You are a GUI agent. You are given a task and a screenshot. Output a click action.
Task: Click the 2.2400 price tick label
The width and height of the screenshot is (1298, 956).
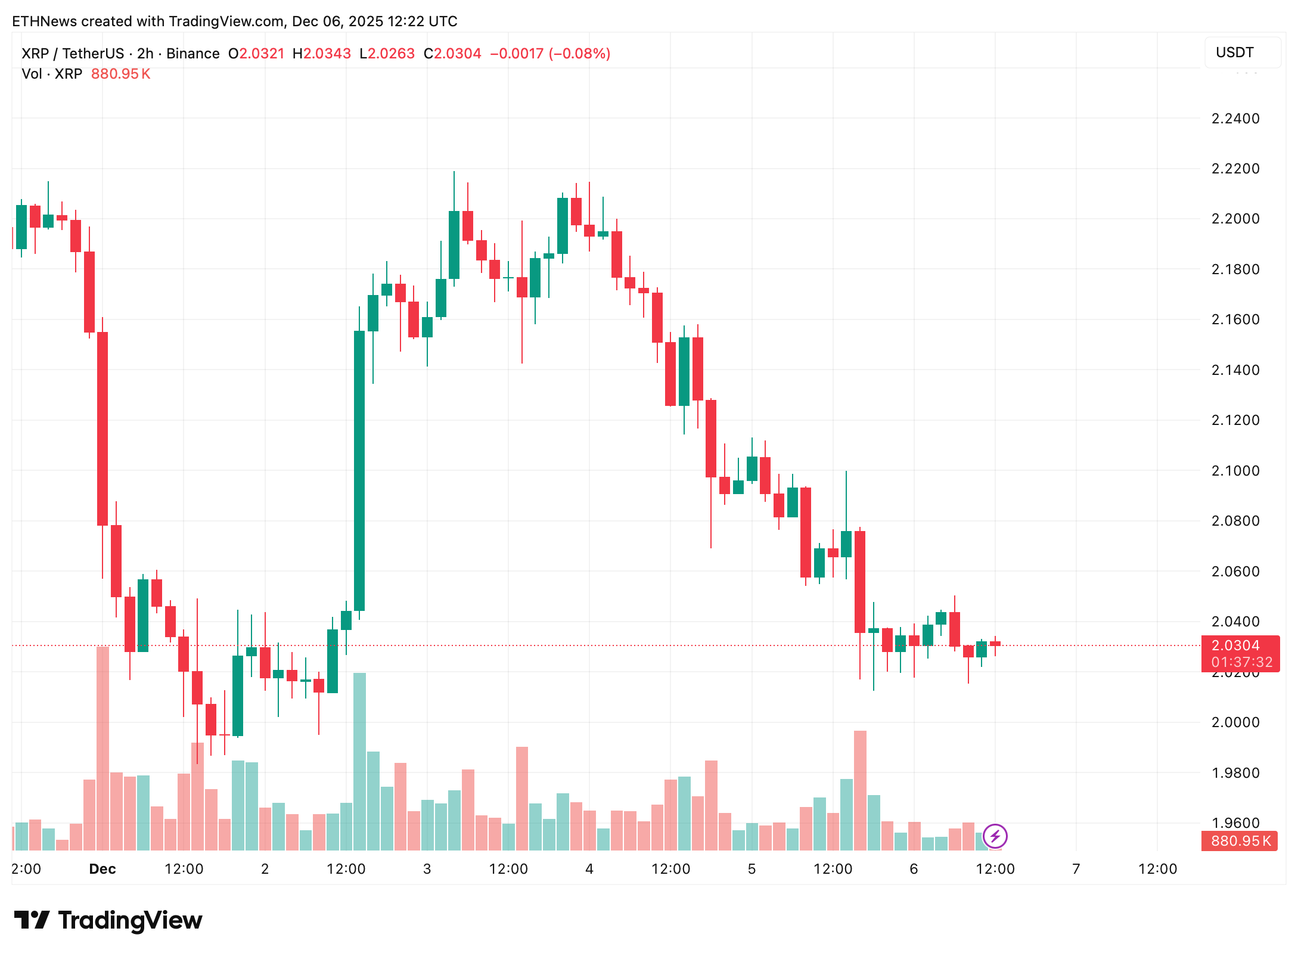[x=1235, y=119]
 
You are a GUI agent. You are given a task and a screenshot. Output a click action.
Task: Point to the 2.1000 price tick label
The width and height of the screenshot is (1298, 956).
[x=1235, y=471]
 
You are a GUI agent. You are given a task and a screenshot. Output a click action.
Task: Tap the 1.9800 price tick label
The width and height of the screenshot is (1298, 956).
[x=1235, y=773]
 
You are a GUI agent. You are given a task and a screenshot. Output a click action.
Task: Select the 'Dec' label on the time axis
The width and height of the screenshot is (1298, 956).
[x=103, y=869]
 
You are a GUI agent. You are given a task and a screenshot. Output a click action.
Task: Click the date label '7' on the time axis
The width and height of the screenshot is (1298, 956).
[x=1076, y=869]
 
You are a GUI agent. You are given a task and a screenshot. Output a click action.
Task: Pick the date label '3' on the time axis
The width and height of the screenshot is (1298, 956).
[x=427, y=869]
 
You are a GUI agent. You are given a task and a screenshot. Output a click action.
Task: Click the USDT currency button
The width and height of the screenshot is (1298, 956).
[x=1235, y=52]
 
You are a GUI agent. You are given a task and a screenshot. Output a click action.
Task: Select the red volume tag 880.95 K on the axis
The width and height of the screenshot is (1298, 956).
[x=1240, y=841]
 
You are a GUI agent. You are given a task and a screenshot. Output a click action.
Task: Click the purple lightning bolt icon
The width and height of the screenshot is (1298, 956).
[x=995, y=836]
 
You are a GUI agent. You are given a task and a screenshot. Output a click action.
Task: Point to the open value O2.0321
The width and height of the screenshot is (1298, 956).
[x=257, y=54]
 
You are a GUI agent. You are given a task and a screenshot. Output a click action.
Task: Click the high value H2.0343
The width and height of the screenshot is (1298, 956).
[x=322, y=54]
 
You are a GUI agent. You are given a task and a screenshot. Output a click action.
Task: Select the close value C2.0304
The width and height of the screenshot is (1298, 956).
[x=452, y=54]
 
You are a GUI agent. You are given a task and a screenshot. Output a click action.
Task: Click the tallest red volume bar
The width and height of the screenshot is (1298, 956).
[x=103, y=748]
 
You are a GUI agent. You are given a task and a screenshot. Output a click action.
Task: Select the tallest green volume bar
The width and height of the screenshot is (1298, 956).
[x=359, y=761]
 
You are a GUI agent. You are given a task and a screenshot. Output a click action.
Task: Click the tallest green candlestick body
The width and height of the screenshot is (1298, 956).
[x=359, y=471]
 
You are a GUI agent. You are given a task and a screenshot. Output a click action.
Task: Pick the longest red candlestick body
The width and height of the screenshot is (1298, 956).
[x=103, y=429]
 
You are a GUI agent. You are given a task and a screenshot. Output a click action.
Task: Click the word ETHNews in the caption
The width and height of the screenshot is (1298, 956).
[x=45, y=21]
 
